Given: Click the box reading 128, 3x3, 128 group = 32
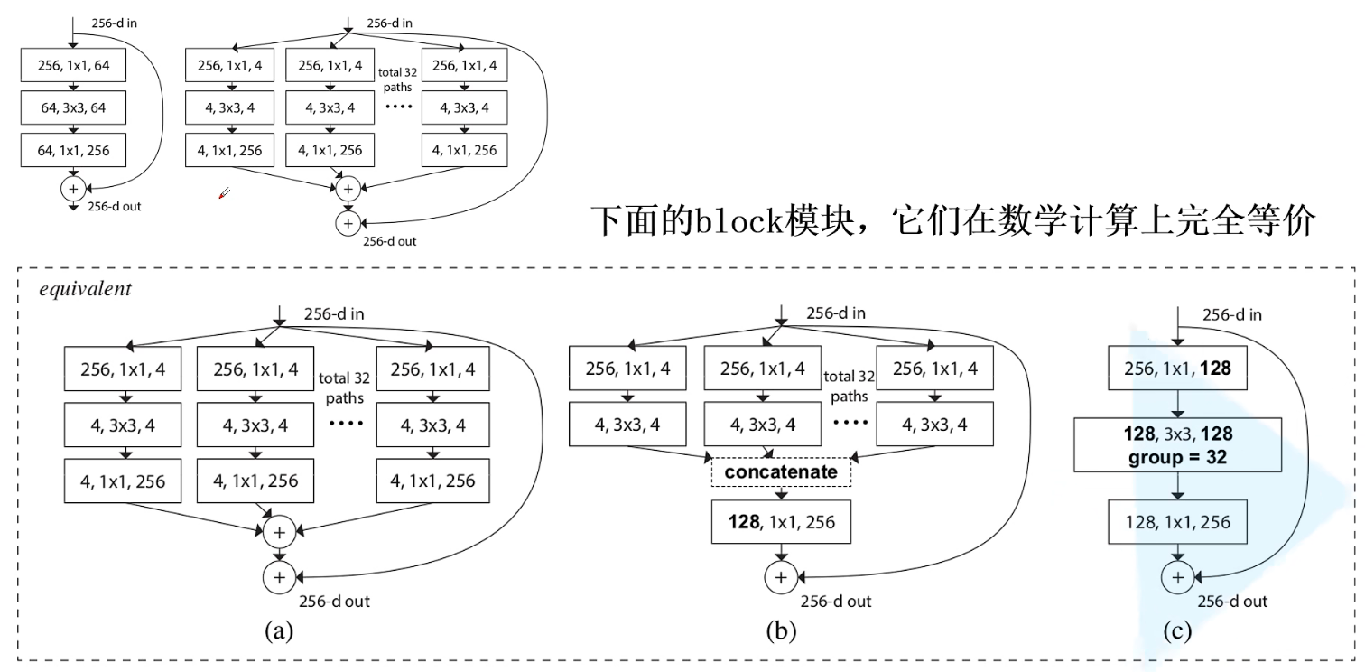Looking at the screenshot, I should point(1177,444).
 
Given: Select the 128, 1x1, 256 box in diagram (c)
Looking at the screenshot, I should point(1177,521).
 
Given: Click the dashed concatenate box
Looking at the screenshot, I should point(782,471).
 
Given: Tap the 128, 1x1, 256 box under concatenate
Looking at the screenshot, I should point(782,521).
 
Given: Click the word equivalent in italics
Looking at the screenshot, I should point(73,291).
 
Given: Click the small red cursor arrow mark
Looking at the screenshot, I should point(225,192).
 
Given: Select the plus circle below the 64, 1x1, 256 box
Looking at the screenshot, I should point(72,188).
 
